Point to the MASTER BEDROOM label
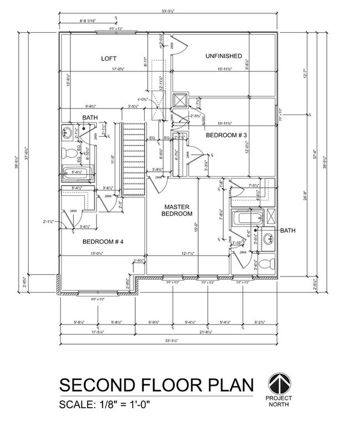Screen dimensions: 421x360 (177, 210)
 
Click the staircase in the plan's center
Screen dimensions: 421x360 (133, 160)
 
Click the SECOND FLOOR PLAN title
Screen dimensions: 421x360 (157, 384)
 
